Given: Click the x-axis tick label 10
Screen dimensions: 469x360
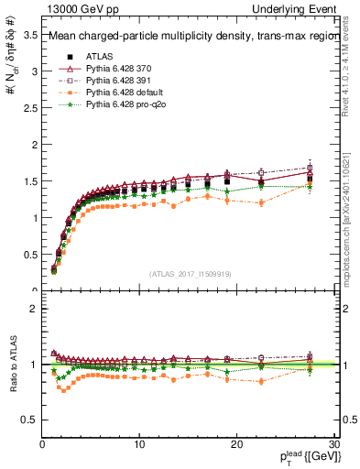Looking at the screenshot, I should coord(139,445).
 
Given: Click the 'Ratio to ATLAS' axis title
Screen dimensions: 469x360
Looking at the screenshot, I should coord(12,365).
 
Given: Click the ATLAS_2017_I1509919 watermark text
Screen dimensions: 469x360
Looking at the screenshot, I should coord(190,273).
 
